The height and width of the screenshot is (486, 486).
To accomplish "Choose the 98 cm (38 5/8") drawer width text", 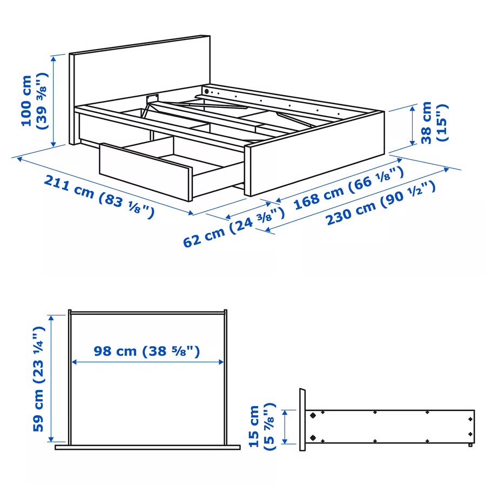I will click(147, 352).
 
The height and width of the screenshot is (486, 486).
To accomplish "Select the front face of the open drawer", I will click(145, 171).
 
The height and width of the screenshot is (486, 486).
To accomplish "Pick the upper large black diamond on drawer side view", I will click(313, 416).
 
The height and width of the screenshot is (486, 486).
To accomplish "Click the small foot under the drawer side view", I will click(471, 446).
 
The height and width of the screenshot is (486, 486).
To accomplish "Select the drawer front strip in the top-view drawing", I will click(147, 447).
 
